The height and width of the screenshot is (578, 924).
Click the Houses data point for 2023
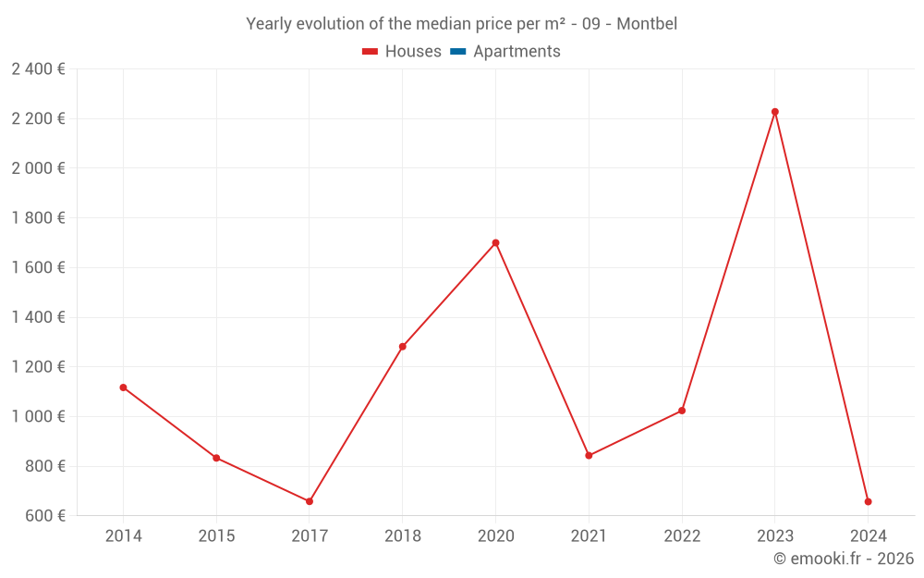[x=775, y=112]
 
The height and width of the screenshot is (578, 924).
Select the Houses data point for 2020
[x=495, y=243]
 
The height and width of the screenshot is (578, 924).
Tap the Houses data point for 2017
[x=310, y=501]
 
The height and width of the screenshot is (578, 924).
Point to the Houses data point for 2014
[x=123, y=387]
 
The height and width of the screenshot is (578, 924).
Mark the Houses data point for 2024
[x=869, y=501]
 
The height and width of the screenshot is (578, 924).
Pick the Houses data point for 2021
[x=589, y=455]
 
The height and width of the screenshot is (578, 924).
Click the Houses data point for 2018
[x=403, y=347]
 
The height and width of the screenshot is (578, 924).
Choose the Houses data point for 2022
[x=682, y=411]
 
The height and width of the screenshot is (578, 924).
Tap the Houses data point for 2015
[x=216, y=458]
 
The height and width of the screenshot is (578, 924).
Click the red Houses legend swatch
[x=370, y=52]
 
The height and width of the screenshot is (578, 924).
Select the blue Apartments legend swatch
[x=457, y=52]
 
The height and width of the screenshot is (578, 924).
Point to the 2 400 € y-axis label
[x=38, y=68]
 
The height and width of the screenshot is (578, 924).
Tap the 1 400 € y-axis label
[x=38, y=317]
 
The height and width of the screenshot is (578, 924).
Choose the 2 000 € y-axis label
[x=38, y=168]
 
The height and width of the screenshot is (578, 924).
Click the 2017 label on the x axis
[x=310, y=535]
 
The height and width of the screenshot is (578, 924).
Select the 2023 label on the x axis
[x=775, y=535]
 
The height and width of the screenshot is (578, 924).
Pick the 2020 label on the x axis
[x=495, y=535]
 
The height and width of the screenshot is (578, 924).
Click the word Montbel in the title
[x=647, y=24]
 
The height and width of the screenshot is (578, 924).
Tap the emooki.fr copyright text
[x=844, y=559]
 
